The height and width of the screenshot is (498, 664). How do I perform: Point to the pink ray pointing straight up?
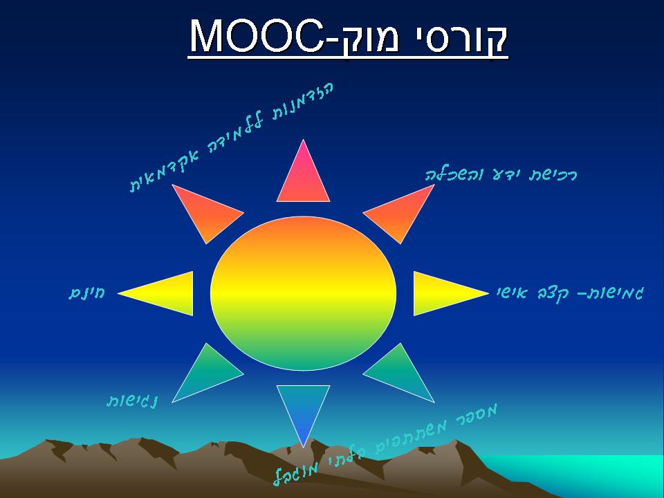point(303,177)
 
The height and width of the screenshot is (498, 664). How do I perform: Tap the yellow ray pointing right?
point(443,293)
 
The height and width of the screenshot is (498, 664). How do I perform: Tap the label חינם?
point(86,293)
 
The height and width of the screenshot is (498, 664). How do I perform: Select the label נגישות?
point(131,400)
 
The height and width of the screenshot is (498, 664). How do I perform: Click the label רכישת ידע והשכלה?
point(501,174)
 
